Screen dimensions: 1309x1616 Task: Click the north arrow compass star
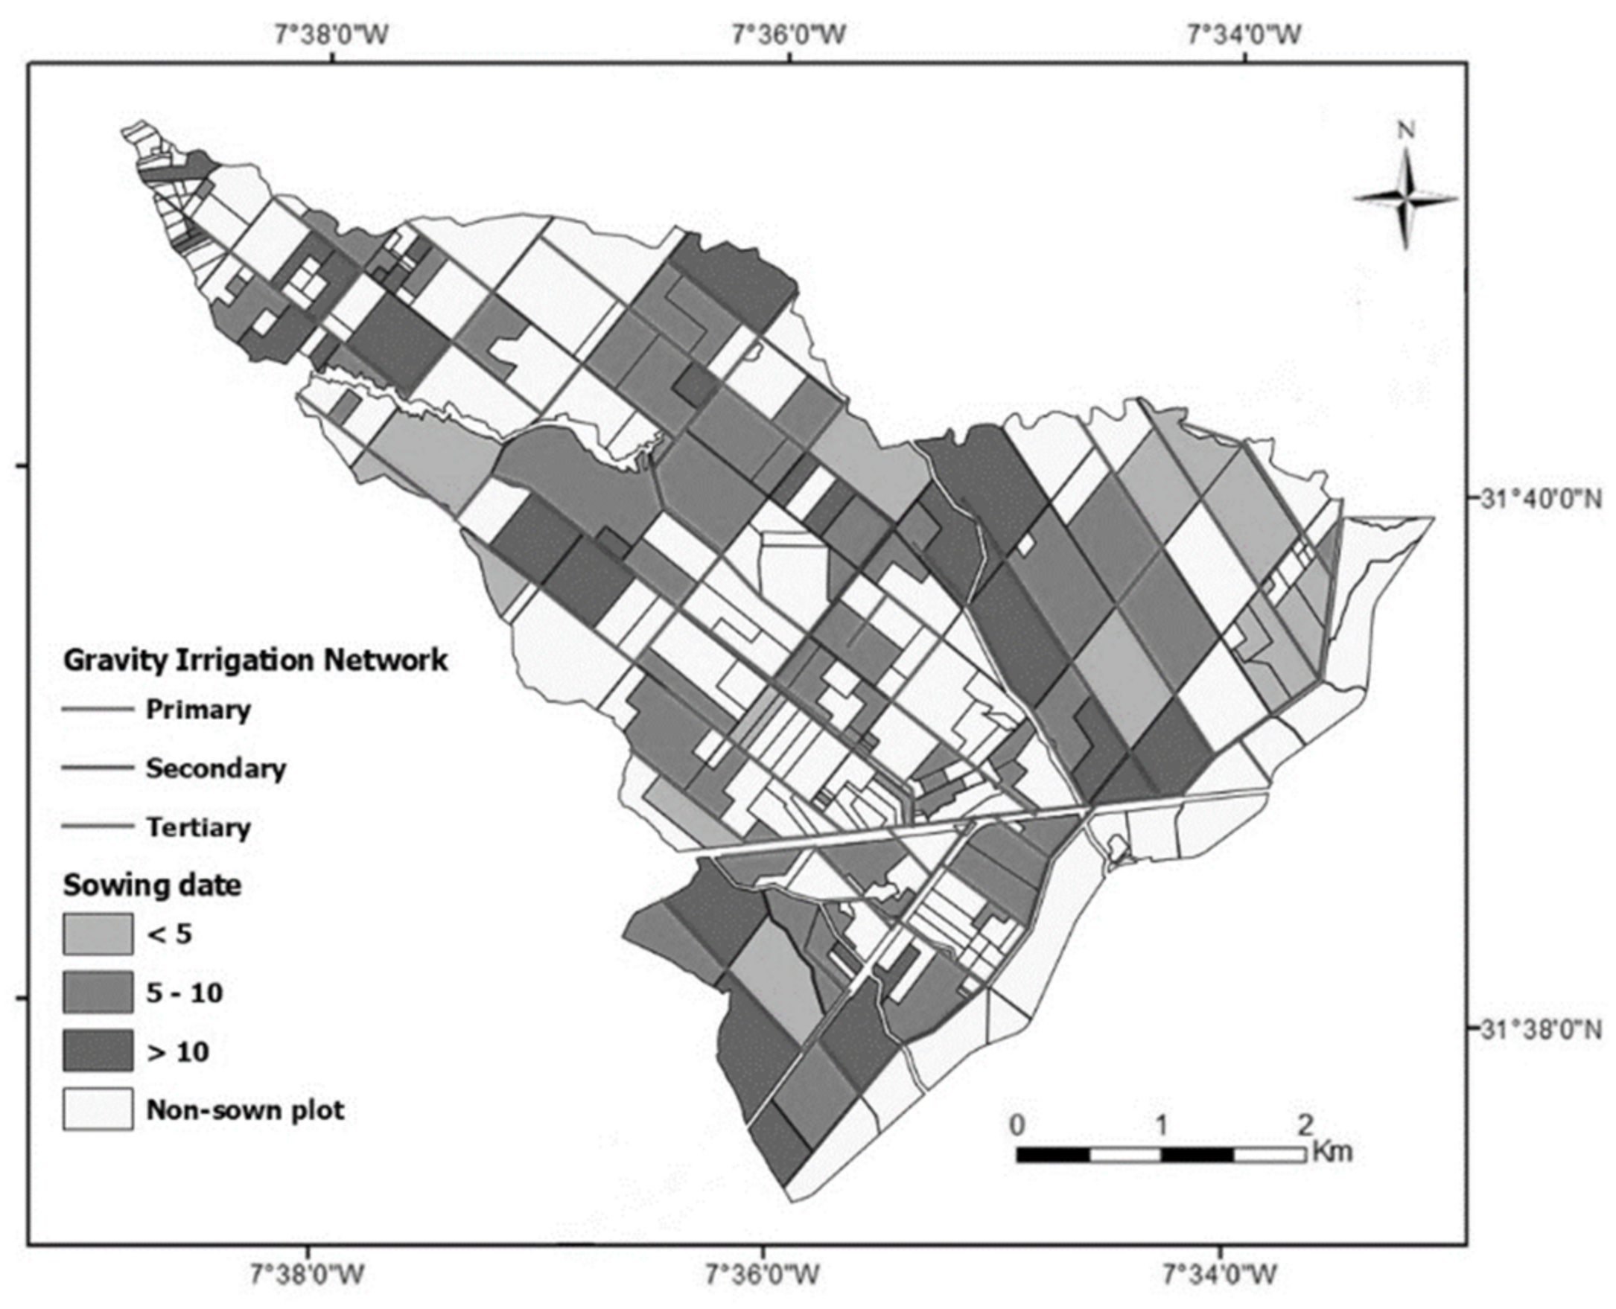1405,199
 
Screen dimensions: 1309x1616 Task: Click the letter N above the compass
1405,131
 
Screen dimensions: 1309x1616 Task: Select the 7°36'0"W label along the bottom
766,1275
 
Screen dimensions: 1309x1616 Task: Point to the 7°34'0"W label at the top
1244,35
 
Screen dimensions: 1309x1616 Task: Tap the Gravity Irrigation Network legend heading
255,660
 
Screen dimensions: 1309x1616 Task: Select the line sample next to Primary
98,710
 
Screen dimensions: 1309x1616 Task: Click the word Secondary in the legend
216,768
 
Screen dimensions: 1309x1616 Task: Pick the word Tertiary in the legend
197,827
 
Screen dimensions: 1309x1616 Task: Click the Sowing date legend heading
153,885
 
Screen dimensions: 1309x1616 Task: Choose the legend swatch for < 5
98,934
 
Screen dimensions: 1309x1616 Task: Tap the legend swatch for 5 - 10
98,993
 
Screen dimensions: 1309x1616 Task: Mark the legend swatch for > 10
98,1051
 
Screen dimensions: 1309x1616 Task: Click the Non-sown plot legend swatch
98,1109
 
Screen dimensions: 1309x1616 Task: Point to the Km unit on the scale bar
1332,1151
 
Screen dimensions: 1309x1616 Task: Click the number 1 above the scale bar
1160,1126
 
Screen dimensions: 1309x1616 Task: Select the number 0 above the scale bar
1017,1126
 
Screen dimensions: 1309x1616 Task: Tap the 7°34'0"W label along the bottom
1220,1275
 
